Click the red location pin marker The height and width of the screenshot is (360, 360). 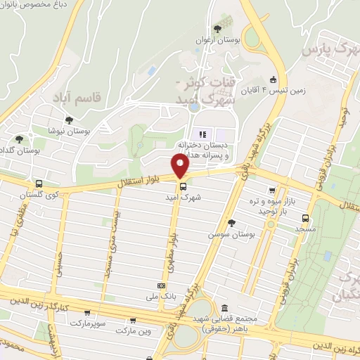pyautogui.click(x=181, y=165)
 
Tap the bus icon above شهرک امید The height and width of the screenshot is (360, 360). pyautogui.click(x=184, y=186)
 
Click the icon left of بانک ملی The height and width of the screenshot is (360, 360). pyautogui.click(x=162, y=285)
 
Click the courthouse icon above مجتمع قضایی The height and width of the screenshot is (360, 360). pyautogui.click(x=224, y=309)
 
